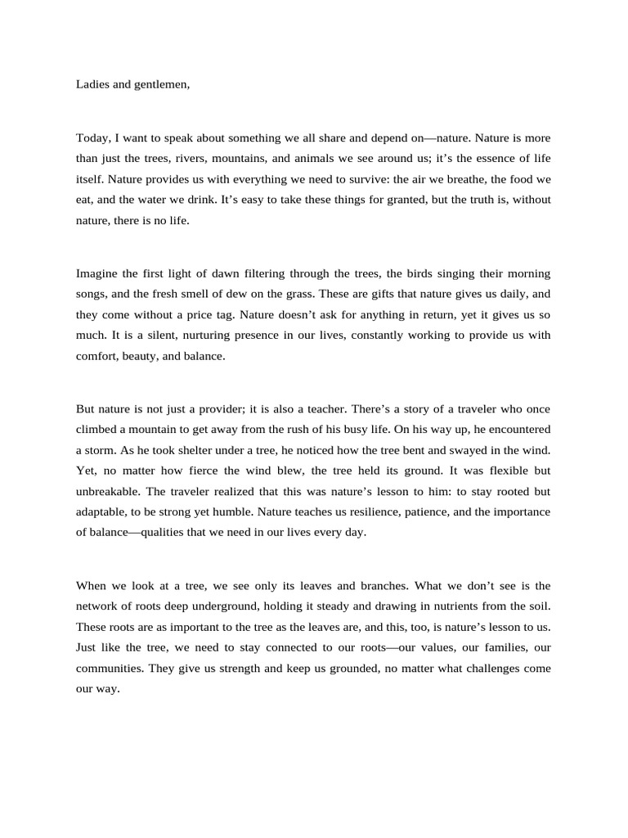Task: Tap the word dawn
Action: (227, 273)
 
